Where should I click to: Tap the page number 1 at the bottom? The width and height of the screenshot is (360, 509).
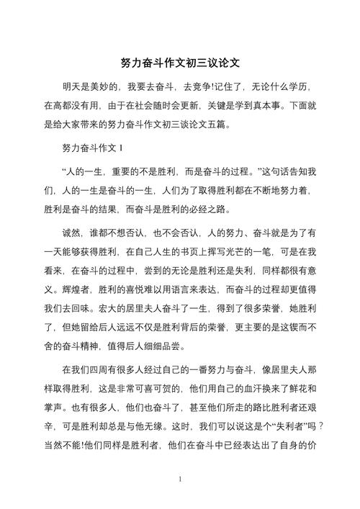tap(180, 478)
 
